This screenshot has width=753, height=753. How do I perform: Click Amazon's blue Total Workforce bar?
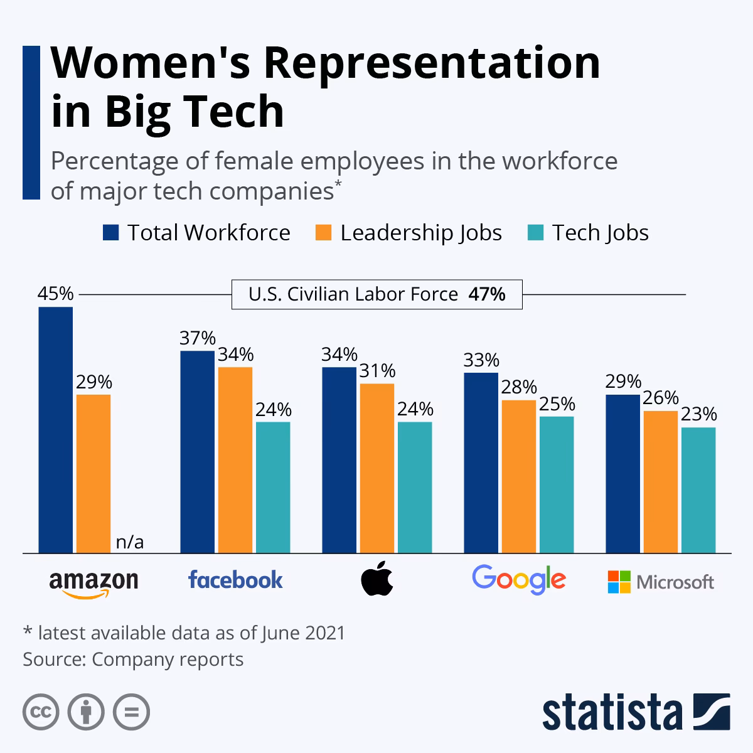[x=55, y=430]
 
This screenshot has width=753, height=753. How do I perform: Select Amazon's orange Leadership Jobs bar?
[x=93, y=474]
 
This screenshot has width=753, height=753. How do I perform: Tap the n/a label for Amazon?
[x=130, y=542]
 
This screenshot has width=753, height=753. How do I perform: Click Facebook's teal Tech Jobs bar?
[x=273, y=487]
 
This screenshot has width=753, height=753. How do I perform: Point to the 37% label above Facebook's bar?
[x=198, y=338]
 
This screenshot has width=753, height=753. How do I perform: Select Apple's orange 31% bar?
[x=377, y=468]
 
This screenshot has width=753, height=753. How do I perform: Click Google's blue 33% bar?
[x=481, y=462]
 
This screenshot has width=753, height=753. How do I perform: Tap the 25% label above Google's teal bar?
[x=557, y=403]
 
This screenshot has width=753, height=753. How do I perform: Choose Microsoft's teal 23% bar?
[x=698, y=490]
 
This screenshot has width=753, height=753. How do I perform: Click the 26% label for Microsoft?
[x=661, y=398]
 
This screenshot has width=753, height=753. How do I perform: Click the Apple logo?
[x=377, y=579]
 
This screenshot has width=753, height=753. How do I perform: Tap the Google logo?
[x=518, y=579]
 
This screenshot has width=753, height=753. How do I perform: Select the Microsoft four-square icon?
[x=619, y=582]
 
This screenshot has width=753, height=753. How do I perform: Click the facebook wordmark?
[x=235, y=579]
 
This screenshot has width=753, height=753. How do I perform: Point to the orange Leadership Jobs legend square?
[x=323, y=233]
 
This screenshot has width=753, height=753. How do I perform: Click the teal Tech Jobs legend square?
[x=535, y=233]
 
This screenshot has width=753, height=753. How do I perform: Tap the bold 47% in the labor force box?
[x=486, y=294]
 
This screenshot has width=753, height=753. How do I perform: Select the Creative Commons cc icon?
[x=41, y=712]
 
